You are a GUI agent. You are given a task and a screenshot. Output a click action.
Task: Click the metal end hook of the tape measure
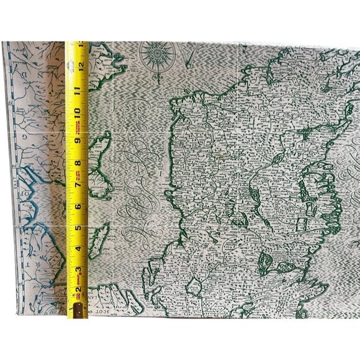point(78,310)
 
